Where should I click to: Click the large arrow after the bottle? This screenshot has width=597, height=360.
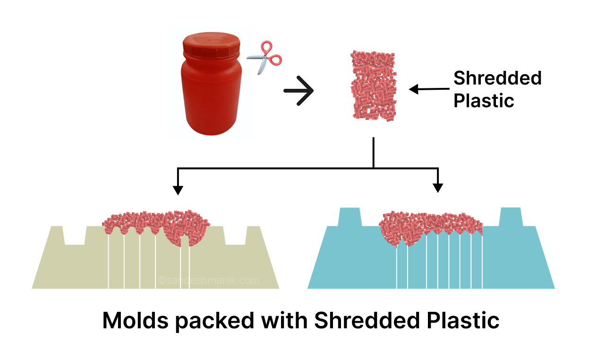(x=298, y=90)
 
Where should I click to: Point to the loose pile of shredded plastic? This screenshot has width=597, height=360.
(x=373, y=85)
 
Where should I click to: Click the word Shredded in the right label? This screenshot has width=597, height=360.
(x=497, y=78)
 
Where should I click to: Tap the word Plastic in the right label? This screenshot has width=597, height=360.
(x=484, y=100)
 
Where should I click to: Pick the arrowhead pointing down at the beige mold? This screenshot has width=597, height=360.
(x=178, y=189)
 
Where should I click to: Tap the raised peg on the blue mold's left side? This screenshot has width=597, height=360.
(x=350, y=217)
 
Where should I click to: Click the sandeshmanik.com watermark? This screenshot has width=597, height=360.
(x=209, y=280)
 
